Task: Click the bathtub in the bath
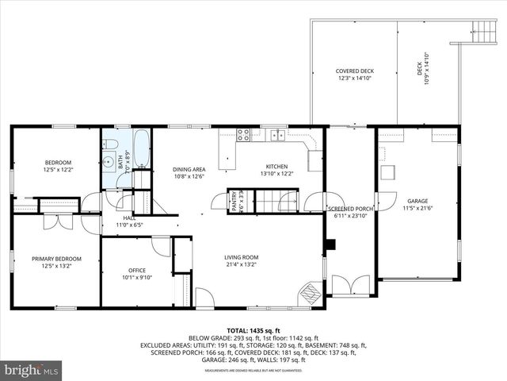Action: tap(142, 148)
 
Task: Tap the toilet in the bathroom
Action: tap(112, 144)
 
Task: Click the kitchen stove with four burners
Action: tap(244, 135)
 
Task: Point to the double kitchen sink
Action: tap(277, 136)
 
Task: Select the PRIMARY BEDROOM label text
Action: tap(56, 259)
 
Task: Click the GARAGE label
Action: tap(417, 202)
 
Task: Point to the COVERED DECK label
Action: tap(354, 71)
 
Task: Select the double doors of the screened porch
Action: tap(349, 284)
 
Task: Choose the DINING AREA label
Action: tap(189, 169)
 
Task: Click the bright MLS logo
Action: tap(32, 370)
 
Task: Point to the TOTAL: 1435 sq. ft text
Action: tap(253, 329)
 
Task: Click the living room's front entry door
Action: tap(204, 300)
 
